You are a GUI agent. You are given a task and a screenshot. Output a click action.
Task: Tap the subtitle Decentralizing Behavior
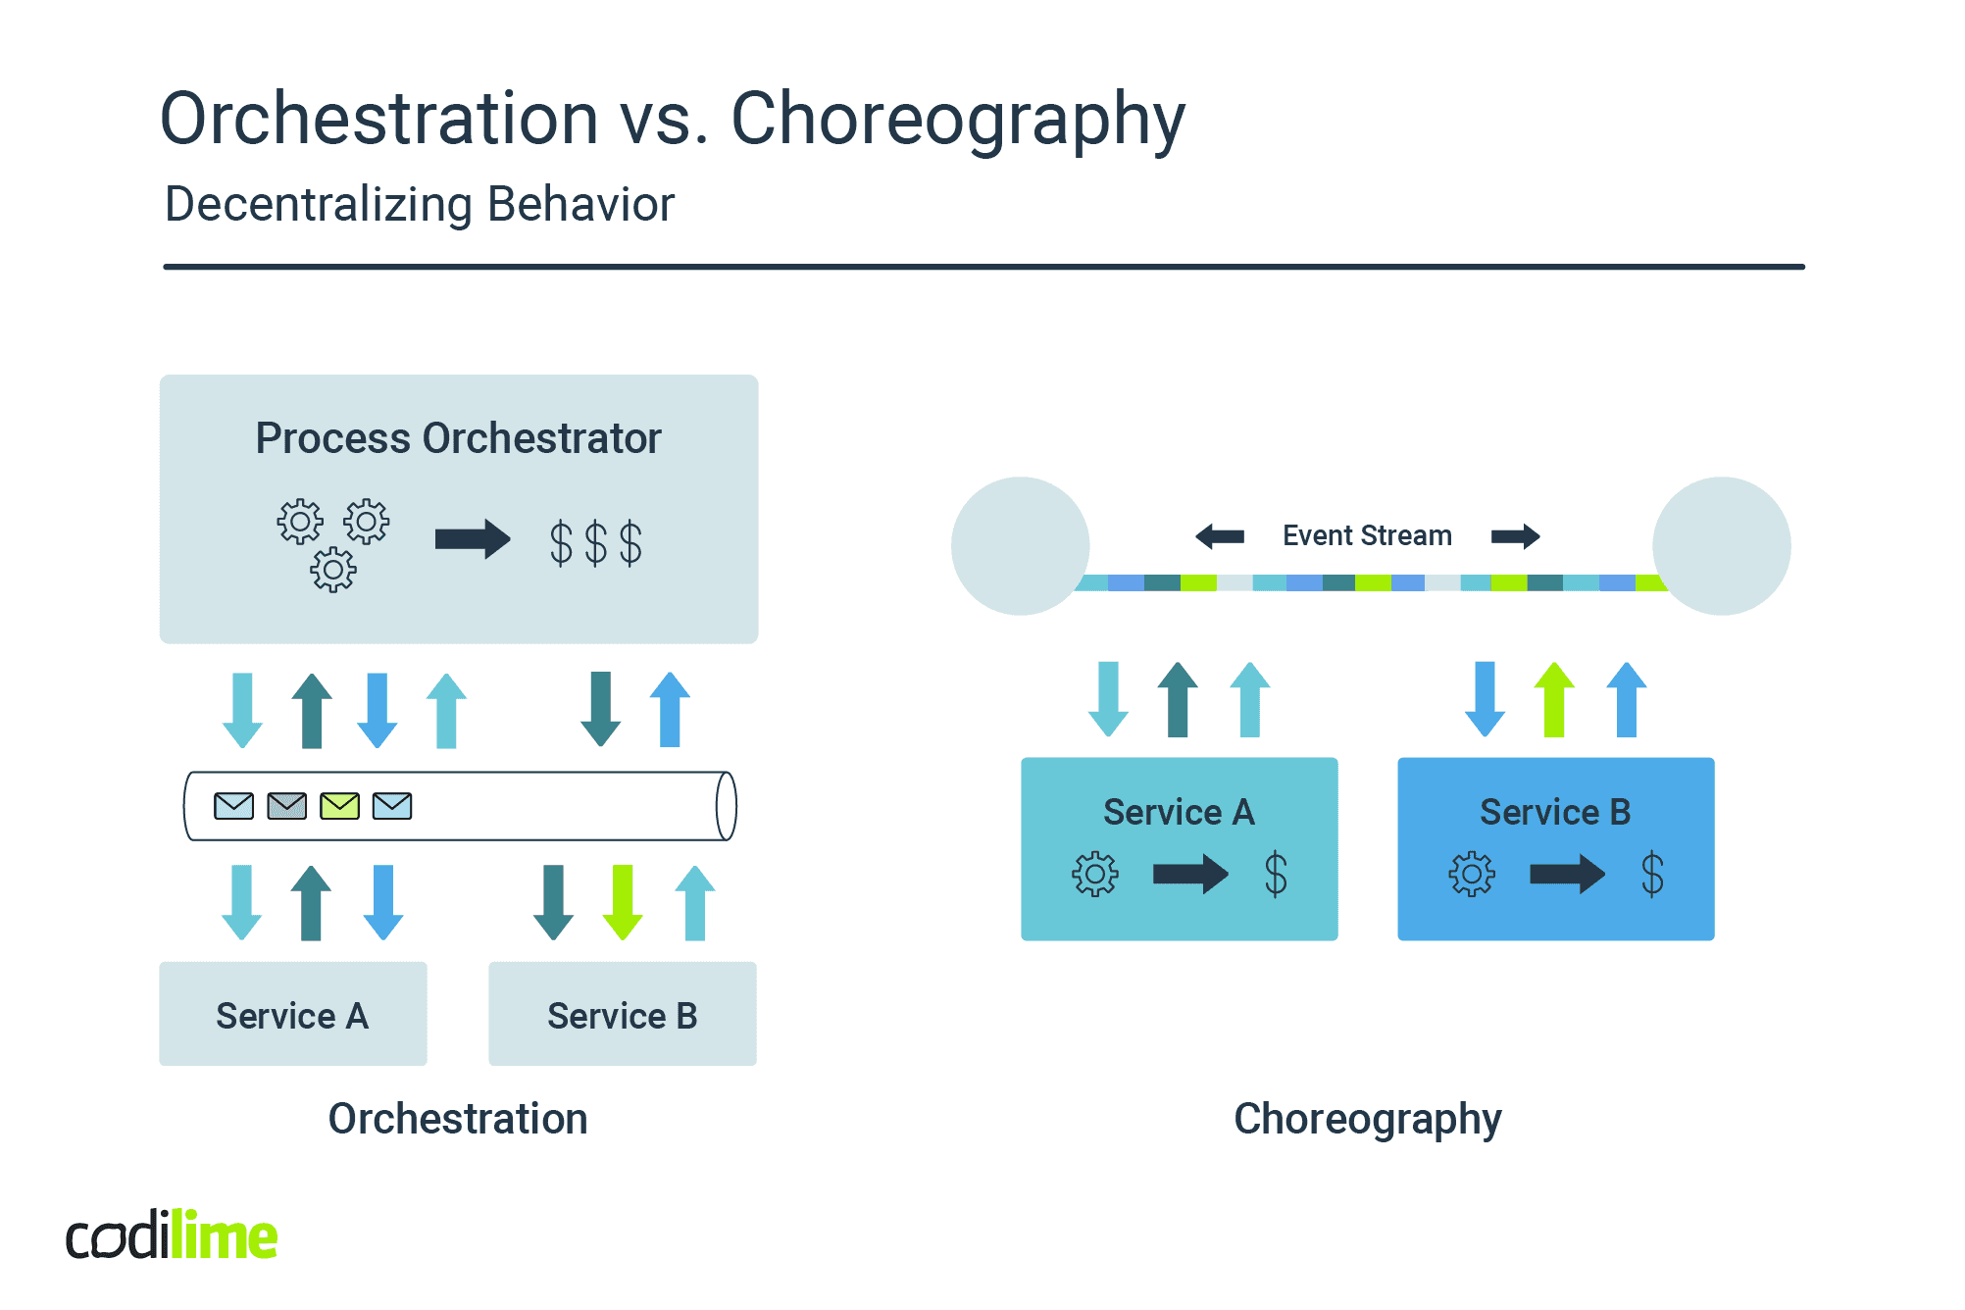point(420,205)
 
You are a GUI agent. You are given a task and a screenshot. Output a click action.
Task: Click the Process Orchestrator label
point(458,438)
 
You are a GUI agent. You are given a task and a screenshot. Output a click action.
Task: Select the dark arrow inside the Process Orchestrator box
point(473,538)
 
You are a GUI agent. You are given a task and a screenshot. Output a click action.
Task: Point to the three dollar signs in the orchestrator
point(595,542)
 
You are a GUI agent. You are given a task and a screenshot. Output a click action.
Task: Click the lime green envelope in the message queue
point(339,806)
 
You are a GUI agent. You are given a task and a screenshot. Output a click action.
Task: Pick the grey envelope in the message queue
point(286,806)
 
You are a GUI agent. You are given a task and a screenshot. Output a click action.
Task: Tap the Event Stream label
point(1367,535)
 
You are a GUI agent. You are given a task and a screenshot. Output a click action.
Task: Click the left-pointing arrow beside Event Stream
point(1220,536)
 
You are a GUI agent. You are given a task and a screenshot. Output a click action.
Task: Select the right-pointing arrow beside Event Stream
point(1515,536)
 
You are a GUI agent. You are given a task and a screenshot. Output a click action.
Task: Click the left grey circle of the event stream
point(1020,546)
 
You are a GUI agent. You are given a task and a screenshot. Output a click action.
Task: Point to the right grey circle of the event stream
point(1721,546)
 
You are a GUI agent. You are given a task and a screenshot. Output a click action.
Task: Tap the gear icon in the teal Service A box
point(1094,874)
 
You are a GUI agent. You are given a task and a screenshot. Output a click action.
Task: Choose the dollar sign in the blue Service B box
point(1652,874)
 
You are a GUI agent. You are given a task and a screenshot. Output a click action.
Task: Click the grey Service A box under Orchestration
point(292,1014)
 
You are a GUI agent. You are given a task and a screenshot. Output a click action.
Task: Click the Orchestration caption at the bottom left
point(457,1119)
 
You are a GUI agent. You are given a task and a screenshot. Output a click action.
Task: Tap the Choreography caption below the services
point(1367,1119)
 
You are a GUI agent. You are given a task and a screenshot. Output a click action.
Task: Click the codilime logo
point(172,1235)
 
